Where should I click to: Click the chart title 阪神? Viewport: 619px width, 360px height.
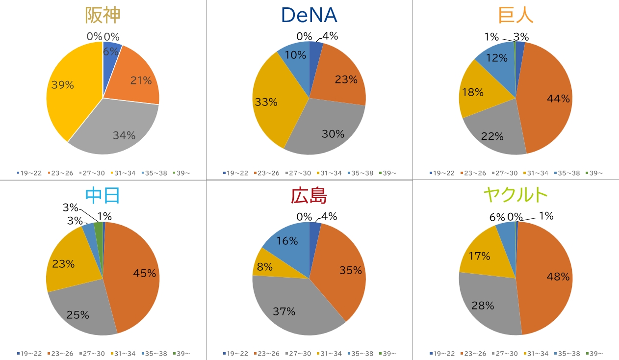[x=103, y=15]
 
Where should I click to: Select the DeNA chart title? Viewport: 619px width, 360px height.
[x=309, y=15]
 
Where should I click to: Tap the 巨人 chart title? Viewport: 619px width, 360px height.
[x=516, y=15]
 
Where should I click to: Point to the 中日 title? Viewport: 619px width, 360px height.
[x=103, y=196]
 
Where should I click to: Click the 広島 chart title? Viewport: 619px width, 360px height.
[x=309, y=196]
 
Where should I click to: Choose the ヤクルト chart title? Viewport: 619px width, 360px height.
[x=516, y=196]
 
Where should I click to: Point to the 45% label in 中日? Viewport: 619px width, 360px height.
[x=145, y=273]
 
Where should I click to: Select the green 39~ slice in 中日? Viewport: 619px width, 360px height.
[x=99, y=231]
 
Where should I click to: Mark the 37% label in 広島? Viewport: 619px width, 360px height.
[x=284, y=311]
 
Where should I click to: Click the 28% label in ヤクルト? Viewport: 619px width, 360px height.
[x=483, y=306]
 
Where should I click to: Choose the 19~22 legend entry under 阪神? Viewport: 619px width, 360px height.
[x=30, y=173]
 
